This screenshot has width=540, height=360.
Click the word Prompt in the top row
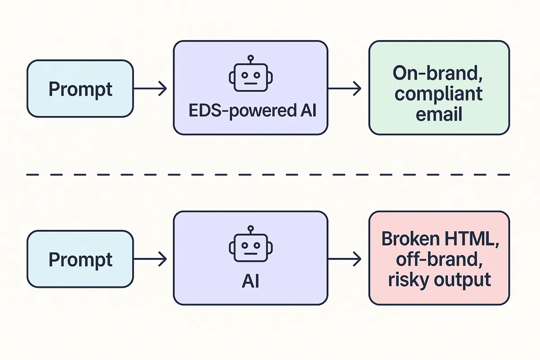[80, 89]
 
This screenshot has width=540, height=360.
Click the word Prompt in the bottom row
[80, 260]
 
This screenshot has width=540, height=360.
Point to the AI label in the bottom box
[251, 281]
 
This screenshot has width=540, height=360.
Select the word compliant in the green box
[439, 94]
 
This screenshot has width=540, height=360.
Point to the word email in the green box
[439, 114]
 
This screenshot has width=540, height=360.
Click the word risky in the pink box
[407, 280]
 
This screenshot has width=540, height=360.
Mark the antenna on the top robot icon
[251, 58]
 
